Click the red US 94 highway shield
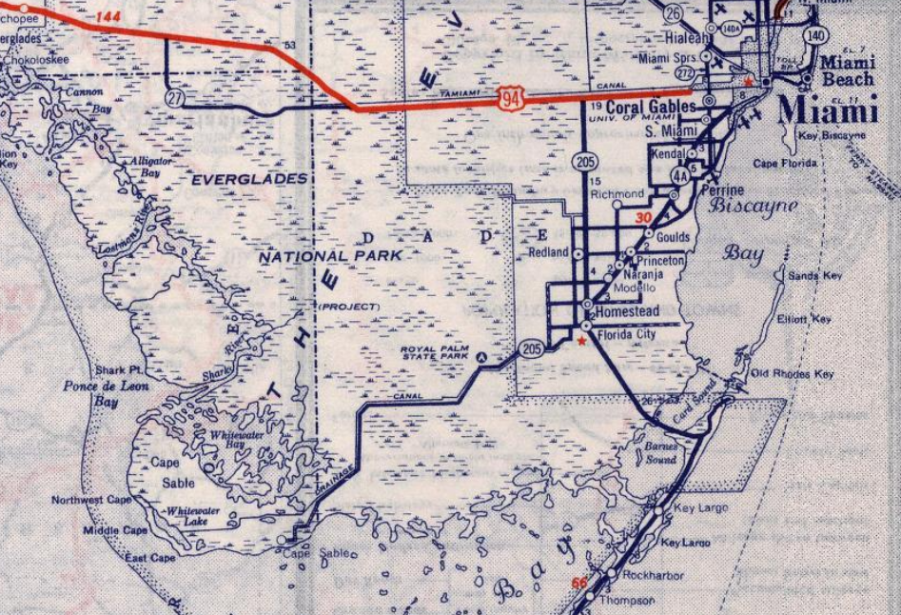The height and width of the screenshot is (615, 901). point(509,95)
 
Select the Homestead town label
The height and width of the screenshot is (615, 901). point(627,311)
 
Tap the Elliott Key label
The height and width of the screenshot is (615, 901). point(804,319)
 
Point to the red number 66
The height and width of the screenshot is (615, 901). point(578,583)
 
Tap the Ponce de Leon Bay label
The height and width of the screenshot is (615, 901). point(93,393)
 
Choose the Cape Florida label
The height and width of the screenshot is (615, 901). point(786,164)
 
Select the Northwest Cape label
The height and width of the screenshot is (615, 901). point(92,500)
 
